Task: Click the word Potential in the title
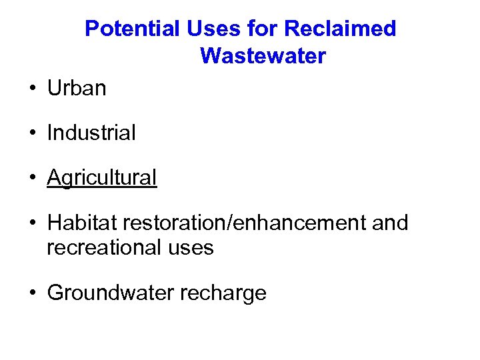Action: coord(133,29)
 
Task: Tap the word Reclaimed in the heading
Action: coord(340,29)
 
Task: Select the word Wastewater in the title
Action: coord(263,56)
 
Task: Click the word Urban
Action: coord(77,88)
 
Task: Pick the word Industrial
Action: coord(91,133)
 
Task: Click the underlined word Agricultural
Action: coord(102,177)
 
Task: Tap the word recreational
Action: coord(103,248)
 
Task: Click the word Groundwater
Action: coord(107,293)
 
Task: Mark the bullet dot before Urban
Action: coord(32,89)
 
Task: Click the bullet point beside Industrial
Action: coord(32,133)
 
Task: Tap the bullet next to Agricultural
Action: coord(32,178)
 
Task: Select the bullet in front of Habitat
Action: coord(32,223)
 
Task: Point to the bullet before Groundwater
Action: coord(32,293)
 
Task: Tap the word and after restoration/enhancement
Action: coord(390,223)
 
